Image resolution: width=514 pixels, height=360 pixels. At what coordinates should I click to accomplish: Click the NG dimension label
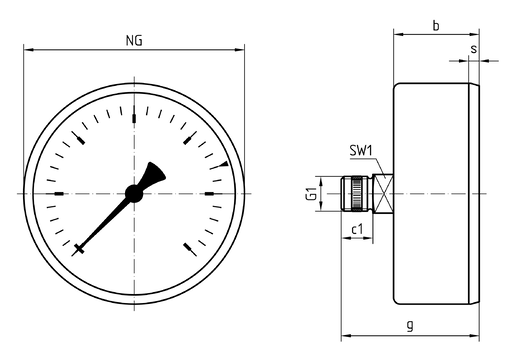[x=134, y=40]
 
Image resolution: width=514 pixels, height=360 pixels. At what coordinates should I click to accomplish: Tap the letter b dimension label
[x=436, y=25]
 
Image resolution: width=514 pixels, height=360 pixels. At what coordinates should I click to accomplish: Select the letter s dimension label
[x=473, y=49]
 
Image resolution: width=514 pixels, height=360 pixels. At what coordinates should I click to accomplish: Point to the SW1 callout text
[x=360, y=151]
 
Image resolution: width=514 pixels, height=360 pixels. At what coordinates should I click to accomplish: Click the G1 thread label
[x=311, y=194]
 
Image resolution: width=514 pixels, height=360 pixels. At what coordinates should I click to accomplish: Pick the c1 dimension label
[x=357, y=230]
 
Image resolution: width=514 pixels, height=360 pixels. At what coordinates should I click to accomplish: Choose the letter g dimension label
[x=410, y=324]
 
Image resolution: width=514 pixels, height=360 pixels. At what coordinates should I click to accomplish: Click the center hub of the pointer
[x=134, y=194]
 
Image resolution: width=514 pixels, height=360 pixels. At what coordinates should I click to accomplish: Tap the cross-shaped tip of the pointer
[x=79, y=249]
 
